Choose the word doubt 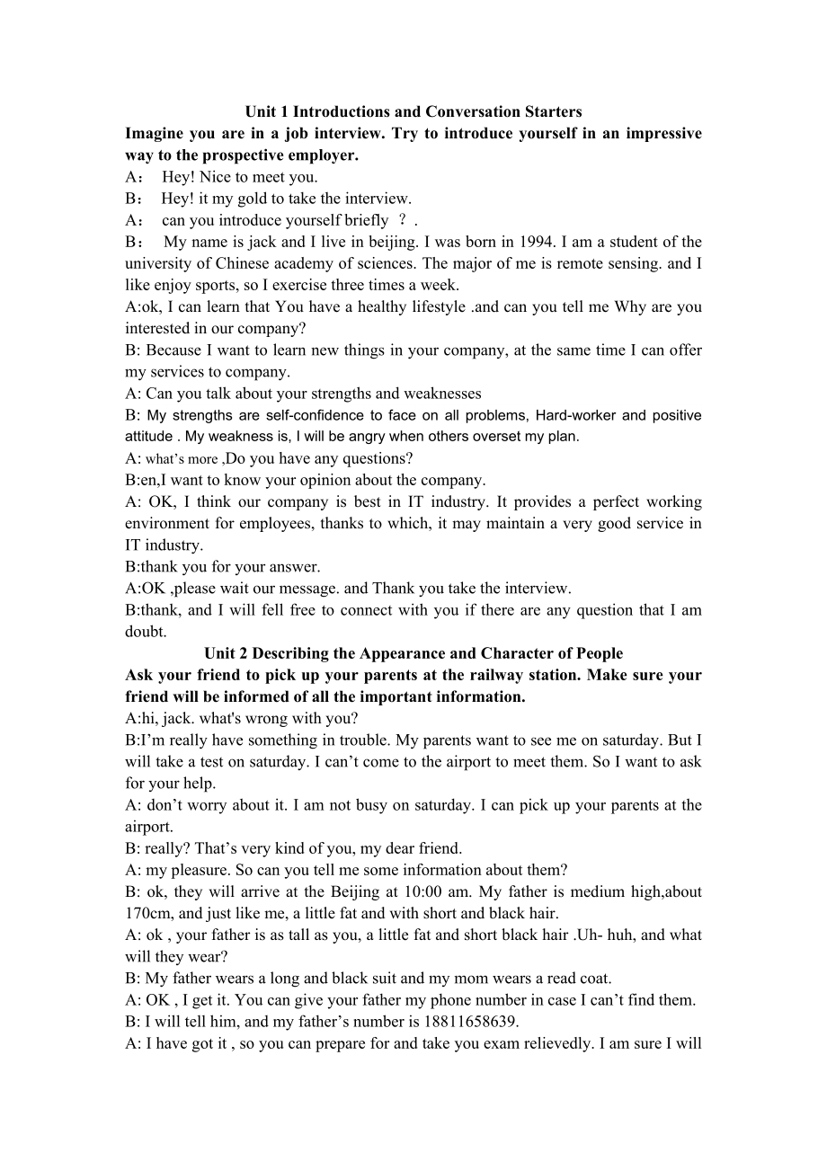pos(146,632)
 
